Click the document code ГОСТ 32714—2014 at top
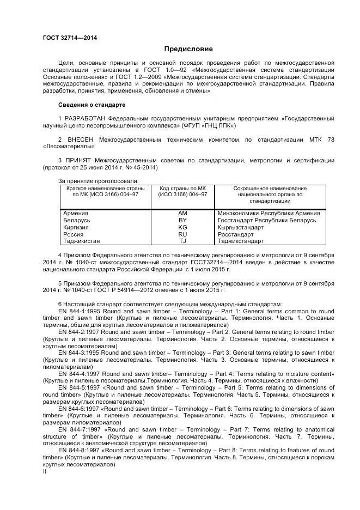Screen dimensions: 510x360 click(70, 38)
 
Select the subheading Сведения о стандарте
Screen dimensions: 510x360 click(91, 104)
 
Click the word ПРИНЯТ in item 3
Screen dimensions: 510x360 click(78, 160)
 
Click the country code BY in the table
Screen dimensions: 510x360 click(182, 220)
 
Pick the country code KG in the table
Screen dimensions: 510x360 click(182, 227)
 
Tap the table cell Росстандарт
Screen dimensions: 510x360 click(236, 234)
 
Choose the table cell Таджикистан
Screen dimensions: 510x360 click(82, 240)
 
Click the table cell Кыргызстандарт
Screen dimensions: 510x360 click(240, 227)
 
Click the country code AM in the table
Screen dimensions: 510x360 click(182, 214)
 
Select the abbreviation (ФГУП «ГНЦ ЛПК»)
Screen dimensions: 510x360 click(208, 125)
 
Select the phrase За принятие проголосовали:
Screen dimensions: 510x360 click(97, 181)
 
